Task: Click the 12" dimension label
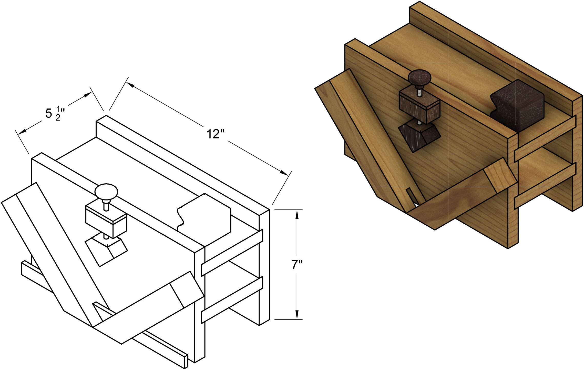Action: click(215, 134)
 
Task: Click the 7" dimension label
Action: click(297, 265)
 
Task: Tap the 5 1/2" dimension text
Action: click(55, 114)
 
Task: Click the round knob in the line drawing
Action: click(106, 192)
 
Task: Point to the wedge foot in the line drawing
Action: click(106, 250)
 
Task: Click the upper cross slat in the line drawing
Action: click(232, 253)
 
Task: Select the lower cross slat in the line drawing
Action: click(232, 300)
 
